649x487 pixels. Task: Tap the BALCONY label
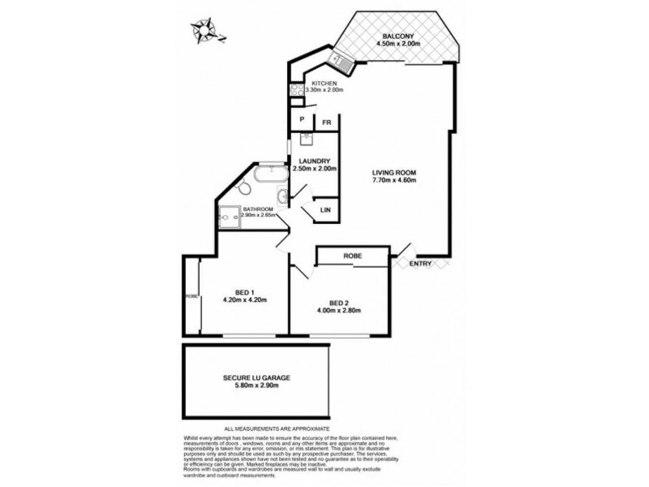[400, 36]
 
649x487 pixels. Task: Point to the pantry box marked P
[302, 123]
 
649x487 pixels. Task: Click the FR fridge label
[326, 123]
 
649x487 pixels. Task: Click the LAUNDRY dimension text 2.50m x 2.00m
[313, 168]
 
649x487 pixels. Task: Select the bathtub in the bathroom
[268, 174]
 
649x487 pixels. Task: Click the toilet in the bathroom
[245, 187]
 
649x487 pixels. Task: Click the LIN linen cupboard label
[324, 210]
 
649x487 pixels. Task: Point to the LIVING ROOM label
[393, 172]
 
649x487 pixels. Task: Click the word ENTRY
[420, 264]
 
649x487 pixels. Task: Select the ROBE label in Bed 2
[352, 256]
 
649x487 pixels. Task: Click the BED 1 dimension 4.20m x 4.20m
[244, 300]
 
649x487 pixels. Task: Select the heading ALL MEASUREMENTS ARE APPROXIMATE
[277, 428]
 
